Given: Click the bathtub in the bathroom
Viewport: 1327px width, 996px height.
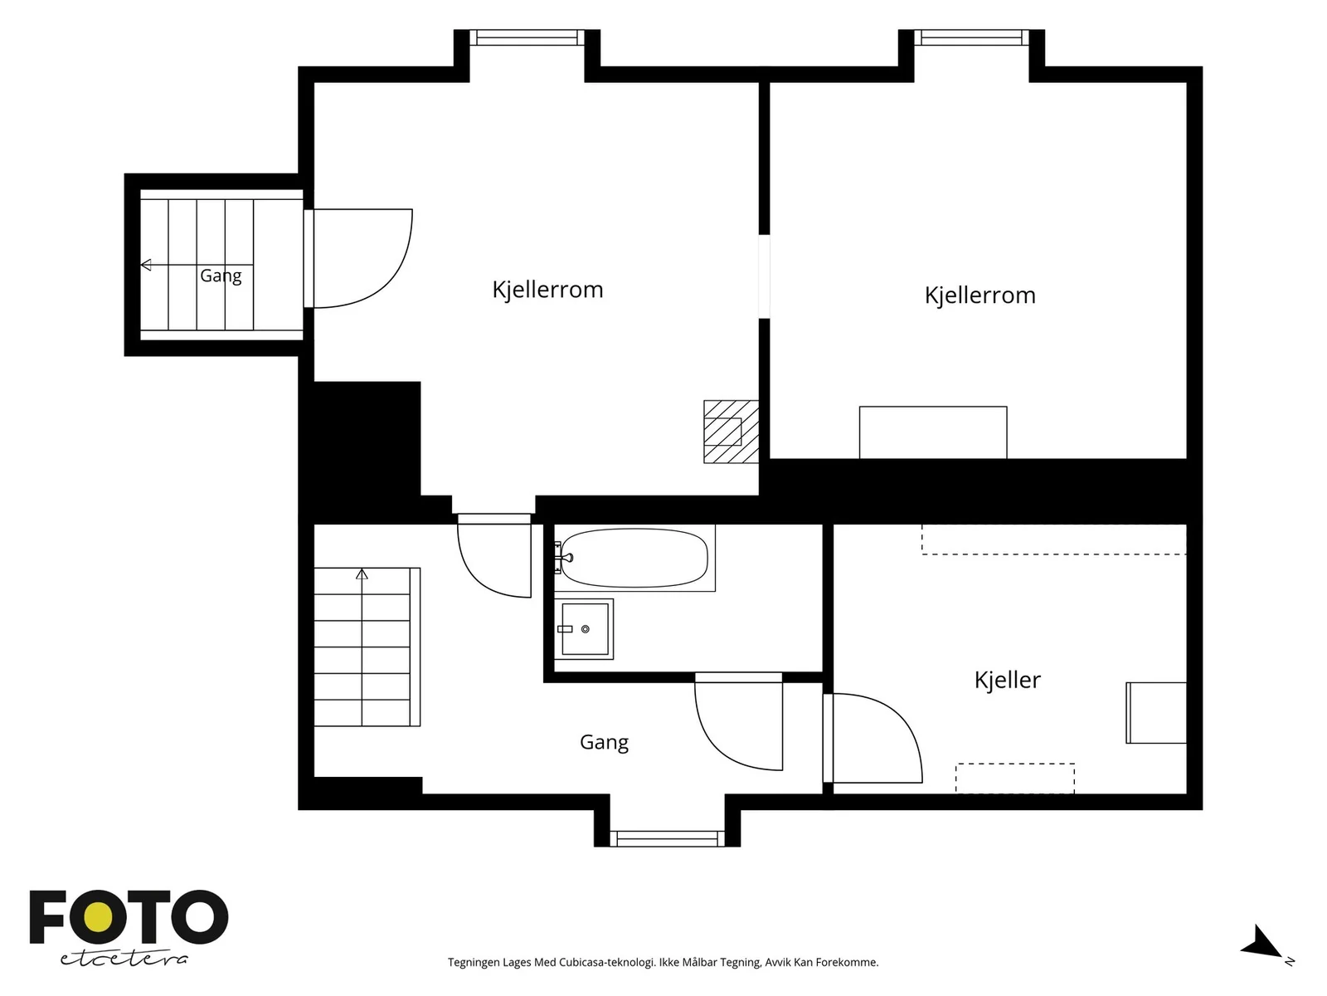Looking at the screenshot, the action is point(634,558).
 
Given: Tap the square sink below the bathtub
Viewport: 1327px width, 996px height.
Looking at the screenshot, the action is point(585,629).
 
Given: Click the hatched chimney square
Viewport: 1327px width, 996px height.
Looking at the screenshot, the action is point(731,432).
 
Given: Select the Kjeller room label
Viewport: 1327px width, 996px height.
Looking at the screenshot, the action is point(1007,681).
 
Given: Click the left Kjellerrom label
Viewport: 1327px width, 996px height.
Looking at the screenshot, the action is point(547,290).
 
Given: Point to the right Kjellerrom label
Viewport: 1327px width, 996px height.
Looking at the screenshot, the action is point(980,295).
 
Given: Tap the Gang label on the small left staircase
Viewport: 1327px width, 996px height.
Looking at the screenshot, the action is point(221,276).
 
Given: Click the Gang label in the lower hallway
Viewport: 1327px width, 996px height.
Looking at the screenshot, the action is point(604,742).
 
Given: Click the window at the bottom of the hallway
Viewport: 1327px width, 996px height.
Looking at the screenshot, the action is point(667,838).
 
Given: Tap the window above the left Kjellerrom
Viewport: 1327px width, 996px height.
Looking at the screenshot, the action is point(527,37).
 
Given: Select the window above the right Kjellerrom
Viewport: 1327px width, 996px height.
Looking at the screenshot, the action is point(971,37).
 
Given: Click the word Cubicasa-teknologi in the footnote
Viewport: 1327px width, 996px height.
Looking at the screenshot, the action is point(607,962).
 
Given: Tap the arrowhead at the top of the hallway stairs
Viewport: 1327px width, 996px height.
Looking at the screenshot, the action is point(362,574).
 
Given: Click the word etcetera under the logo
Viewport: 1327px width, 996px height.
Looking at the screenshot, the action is point(124,959).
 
